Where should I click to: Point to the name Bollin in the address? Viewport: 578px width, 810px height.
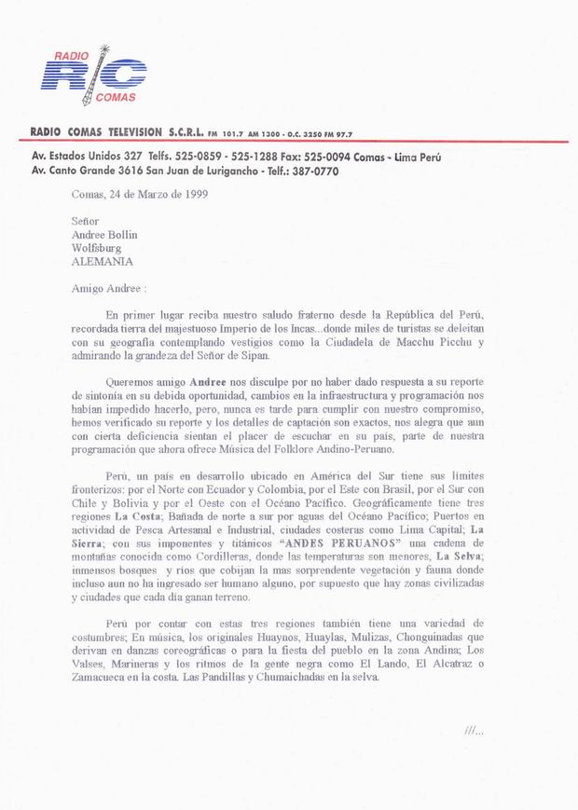pos(119,235)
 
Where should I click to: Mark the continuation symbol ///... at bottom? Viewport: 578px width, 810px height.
pos(474,732)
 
